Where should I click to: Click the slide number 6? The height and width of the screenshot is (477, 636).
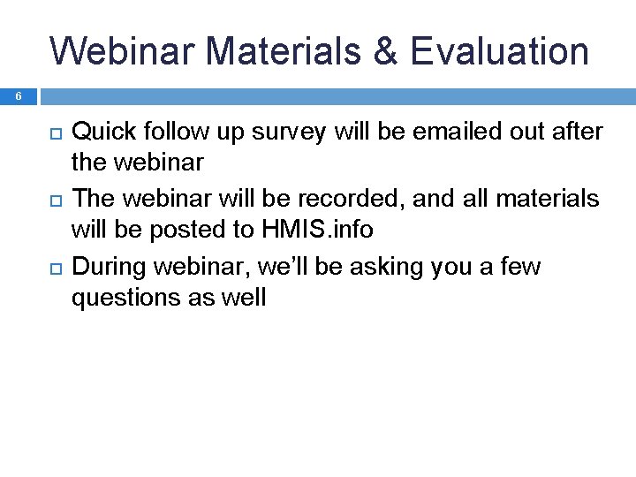click(17, 97)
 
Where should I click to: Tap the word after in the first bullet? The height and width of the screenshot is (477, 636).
click(579, 132)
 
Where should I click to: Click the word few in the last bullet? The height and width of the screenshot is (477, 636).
click(519, 266)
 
